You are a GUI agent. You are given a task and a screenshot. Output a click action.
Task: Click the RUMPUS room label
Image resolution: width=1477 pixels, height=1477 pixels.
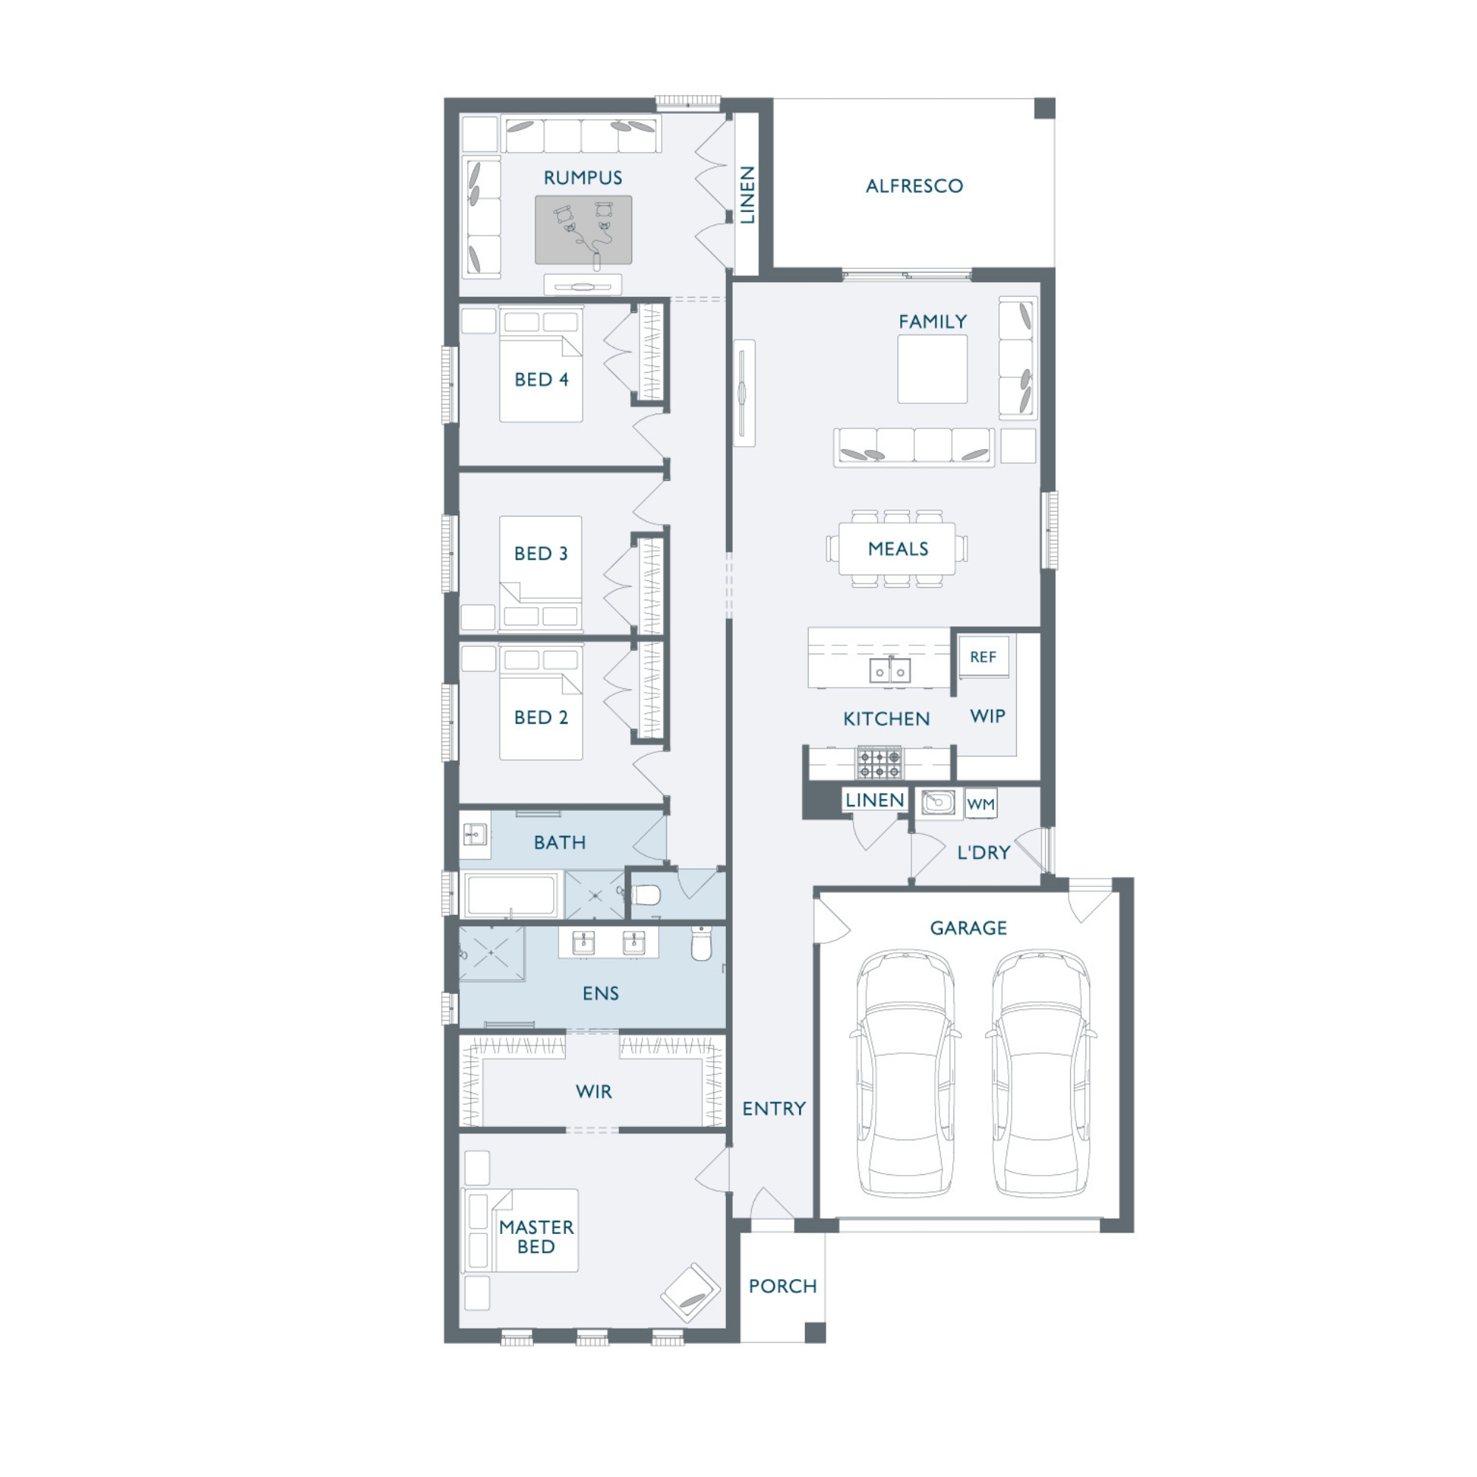(583, 178)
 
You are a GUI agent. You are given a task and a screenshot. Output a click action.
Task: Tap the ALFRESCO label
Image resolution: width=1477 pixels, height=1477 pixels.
(914, 186)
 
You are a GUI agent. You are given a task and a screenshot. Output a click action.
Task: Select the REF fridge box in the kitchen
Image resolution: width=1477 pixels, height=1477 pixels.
(983, 657)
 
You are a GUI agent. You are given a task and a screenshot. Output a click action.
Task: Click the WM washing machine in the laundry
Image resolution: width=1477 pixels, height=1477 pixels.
(981, 803)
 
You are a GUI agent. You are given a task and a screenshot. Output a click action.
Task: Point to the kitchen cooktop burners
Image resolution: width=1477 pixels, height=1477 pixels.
(879, 763)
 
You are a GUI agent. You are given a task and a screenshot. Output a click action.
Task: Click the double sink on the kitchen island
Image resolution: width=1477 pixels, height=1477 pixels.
(890, 671)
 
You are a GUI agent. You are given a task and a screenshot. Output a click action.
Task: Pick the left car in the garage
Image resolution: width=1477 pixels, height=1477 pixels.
(906, 1072)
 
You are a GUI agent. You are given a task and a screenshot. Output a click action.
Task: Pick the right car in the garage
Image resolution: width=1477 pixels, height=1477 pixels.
(1041, 1072)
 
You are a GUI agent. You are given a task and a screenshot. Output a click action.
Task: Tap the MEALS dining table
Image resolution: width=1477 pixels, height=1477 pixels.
(897, 548)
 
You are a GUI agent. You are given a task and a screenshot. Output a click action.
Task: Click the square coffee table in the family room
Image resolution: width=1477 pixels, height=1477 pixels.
(932, 369)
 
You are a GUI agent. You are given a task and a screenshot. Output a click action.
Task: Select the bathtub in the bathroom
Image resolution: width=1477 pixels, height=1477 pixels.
(512, 894)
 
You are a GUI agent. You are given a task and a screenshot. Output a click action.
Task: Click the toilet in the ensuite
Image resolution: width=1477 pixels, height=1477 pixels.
(701, 943)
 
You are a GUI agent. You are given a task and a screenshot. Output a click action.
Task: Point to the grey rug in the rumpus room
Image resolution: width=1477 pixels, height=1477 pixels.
(583, 230)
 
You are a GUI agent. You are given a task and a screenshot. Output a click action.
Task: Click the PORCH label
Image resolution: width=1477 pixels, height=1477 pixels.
(783, 1286)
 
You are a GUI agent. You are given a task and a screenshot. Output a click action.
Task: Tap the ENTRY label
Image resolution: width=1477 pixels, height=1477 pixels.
(774, 1108)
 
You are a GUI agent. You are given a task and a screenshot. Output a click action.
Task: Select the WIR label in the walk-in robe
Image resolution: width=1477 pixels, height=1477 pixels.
(594, 1091)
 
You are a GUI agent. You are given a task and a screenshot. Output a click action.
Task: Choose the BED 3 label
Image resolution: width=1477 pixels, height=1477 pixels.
(541, 553)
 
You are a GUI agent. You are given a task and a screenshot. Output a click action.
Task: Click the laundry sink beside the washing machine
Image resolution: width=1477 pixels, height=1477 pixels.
(938, 803)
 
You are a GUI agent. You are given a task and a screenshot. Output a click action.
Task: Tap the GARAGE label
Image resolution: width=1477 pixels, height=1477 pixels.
(969, 928)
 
